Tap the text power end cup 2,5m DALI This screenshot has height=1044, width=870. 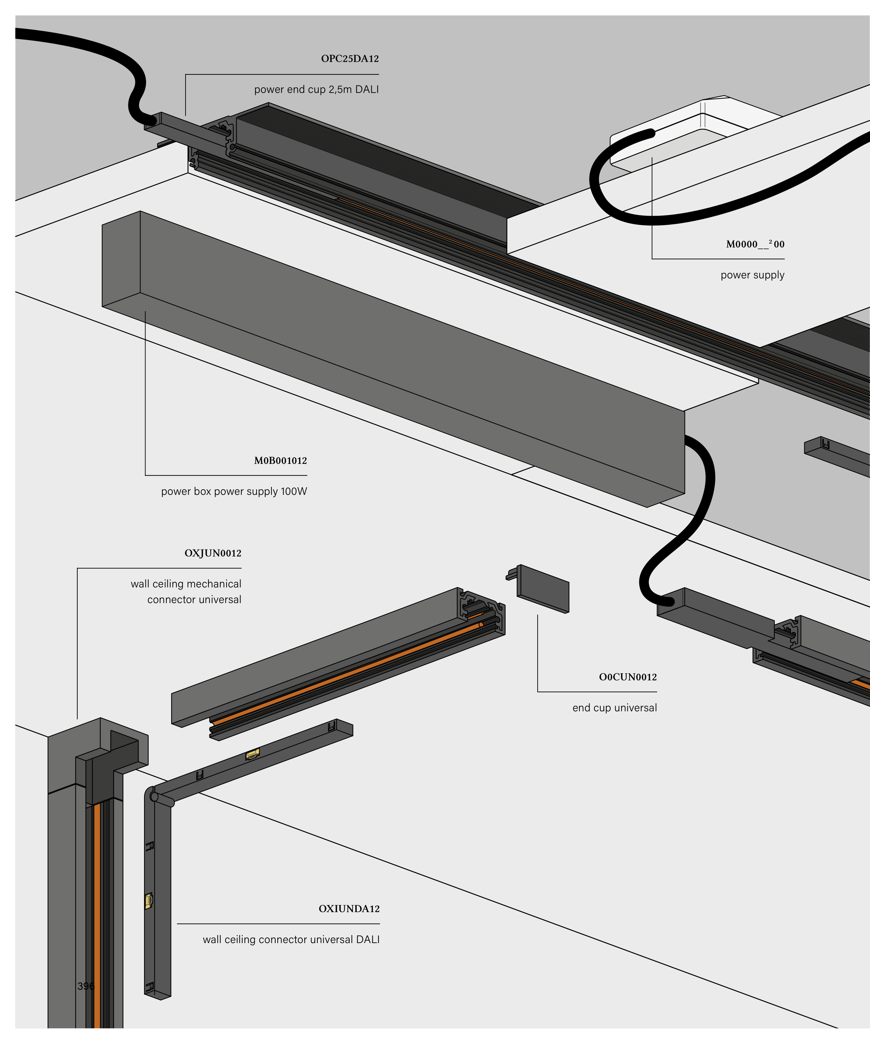coord(316,89)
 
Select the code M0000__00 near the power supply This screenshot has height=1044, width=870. coord(755,244)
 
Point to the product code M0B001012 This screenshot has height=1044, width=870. coord(280,461)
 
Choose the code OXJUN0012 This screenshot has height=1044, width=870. coord(213,553)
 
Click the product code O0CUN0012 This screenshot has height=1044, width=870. coord(627,677)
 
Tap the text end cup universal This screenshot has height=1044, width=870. coord(615,708)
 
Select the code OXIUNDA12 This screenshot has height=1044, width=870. coord(349,909)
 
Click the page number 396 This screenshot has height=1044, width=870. coord(86,986)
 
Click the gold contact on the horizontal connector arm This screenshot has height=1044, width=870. coord(253,754)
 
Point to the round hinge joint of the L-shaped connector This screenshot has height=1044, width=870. coord(154,797)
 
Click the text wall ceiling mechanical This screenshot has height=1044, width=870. coord(186,584)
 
